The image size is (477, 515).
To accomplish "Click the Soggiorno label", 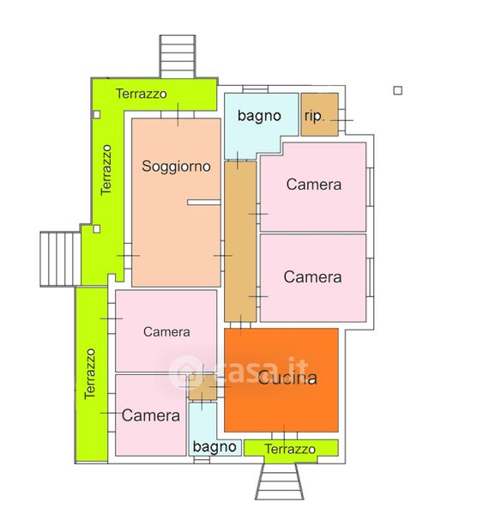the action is [x=176, y=167].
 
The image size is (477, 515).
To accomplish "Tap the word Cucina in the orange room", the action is [x=287, y=378].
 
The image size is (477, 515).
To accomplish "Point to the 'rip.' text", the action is [x=315, y=116].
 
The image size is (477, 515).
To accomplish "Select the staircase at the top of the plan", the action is [x=178, y=56].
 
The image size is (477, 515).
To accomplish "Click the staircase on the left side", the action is [x=60, y=259].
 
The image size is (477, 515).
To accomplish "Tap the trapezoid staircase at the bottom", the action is [x=280, y=482].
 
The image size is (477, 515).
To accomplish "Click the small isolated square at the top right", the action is [x=397, y=90].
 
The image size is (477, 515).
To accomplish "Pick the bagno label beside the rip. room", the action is [x=259, y=116].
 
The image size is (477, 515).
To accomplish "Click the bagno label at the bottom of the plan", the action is [x=214, y=447].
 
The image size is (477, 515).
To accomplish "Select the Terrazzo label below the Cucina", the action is [x=290, y=449].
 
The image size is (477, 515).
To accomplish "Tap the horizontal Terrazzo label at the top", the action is [x=142, y=94].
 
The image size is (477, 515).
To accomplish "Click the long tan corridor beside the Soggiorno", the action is [x=240, y=241].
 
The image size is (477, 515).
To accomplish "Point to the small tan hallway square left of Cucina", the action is [x=202, y=388].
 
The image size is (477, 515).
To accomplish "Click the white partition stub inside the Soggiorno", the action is [x=204, y=203].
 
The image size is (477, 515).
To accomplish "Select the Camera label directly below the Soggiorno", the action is [x=166, y=331].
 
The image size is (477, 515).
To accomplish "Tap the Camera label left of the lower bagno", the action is [x=151, y=415].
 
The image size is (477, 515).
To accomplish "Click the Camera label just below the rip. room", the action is [x=314, y=185].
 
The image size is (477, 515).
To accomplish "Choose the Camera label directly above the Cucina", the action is [x=312, y=277].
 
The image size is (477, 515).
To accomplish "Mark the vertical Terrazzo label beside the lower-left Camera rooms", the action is [x=89, y=373].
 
